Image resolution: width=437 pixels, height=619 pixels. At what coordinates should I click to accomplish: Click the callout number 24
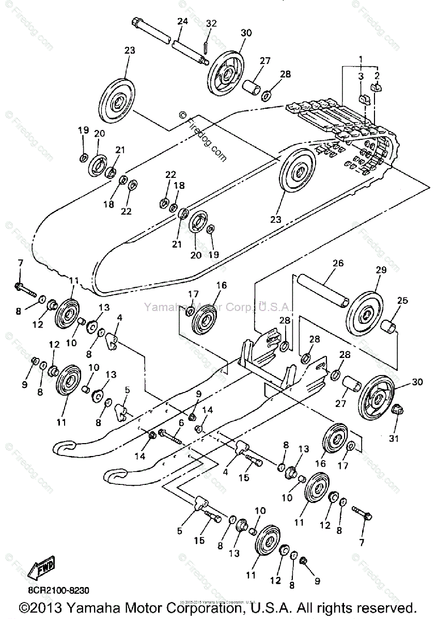182,22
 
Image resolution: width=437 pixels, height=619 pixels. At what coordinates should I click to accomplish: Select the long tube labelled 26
320,292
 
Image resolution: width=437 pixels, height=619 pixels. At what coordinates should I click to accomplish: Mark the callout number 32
212,23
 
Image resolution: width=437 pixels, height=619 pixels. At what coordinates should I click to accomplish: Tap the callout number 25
401,300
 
